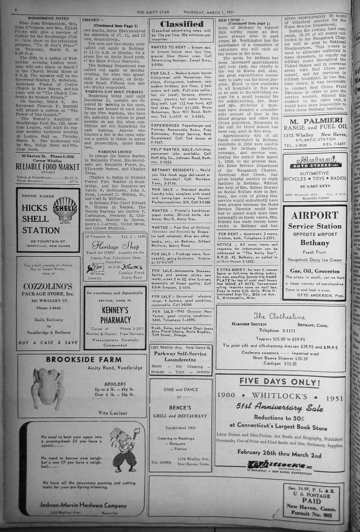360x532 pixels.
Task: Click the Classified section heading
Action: [182, 24]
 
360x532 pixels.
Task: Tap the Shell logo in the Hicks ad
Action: [64, 207]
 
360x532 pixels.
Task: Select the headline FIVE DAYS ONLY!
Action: [280, 381]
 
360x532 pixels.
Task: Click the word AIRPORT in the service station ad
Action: [314, 215]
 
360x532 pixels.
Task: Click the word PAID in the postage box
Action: [312, 501]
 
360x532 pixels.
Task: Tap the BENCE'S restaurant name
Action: [180, 407]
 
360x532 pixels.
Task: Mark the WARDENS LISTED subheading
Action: [115, 152]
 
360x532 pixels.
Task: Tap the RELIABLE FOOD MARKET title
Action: [48, 167]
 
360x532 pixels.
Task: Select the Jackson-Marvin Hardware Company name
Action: [83, 505]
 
